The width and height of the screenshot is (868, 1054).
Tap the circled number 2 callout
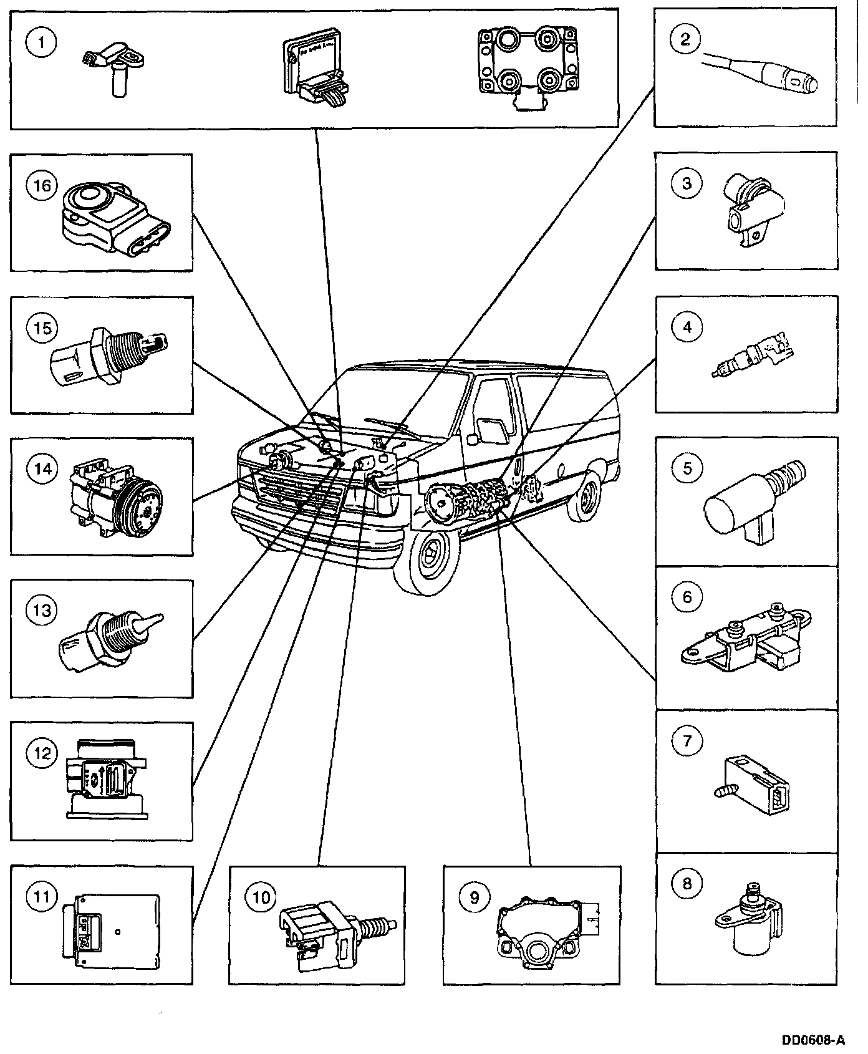coord(686,39)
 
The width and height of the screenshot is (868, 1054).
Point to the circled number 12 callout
coord(42,753)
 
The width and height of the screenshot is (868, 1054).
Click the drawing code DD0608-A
coord(814,1040)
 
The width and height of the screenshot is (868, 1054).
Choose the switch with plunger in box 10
coord(334,922)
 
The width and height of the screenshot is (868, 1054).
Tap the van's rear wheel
coord(586,496)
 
